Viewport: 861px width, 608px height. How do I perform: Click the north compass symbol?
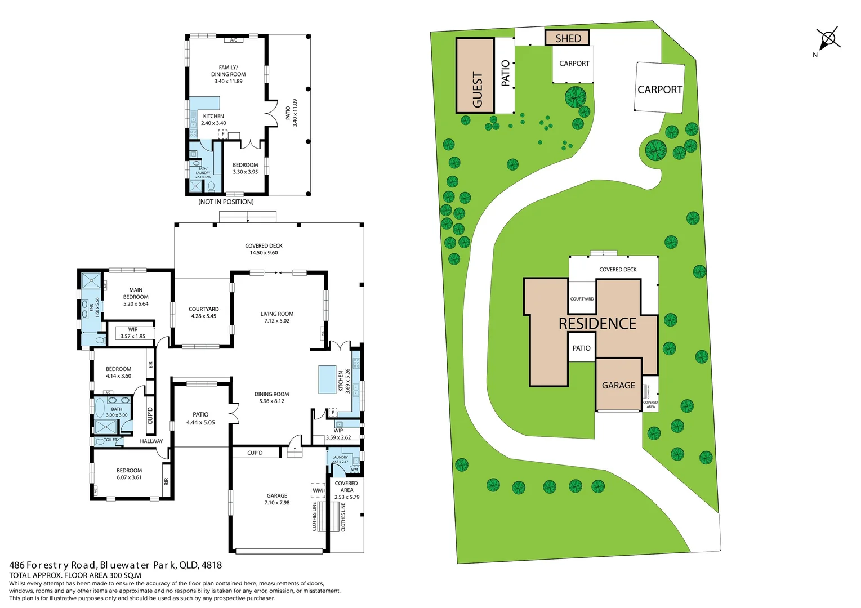tap(828, 39)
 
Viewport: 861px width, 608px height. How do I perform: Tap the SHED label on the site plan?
tap(568, 38)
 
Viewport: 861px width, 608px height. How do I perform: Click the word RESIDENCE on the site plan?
tap(597, 324)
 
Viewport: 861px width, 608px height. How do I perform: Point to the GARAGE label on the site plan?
tap(618, 386)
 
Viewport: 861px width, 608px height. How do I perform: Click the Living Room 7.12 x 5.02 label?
tap(276, 318)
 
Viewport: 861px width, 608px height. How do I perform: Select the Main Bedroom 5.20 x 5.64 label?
tap(136, 297)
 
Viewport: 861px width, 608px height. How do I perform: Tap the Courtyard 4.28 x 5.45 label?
tap(203, 312)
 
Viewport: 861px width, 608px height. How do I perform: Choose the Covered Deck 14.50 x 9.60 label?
tap(264, 249)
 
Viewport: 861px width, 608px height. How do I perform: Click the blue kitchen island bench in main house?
tap(327, 379)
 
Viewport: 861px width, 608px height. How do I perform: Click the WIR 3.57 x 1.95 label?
tap(133, 333)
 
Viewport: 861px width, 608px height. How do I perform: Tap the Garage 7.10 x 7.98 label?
tap(276, 499)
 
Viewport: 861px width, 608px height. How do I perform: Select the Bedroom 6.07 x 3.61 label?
tap(129, 474)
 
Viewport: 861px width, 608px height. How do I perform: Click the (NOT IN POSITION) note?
tap(226, 202)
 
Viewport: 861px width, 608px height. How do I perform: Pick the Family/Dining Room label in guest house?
tap(228, 74)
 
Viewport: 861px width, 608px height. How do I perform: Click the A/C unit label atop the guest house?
tap(233, 40)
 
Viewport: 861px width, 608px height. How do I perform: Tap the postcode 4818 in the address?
tap(211, 565)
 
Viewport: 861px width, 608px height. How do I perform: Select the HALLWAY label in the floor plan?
tap(151, 441)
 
